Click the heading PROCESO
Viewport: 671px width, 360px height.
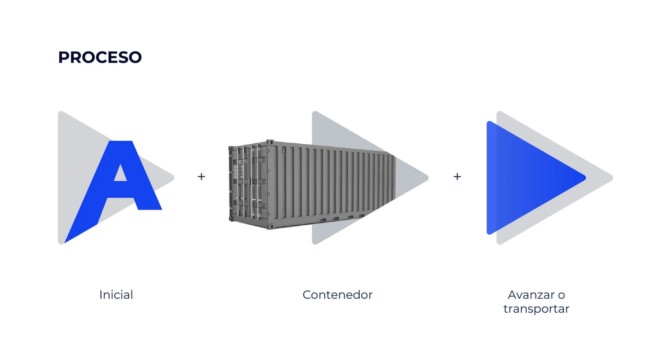[x=100, y=57]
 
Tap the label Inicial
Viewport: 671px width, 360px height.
[x=116, y=295]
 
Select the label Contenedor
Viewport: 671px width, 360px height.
[x=338, y=295]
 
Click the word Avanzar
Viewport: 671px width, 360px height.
[x=531, y=295]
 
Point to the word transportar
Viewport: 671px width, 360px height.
[x=536, y=309]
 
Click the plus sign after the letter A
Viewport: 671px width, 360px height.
[x=201, y=177]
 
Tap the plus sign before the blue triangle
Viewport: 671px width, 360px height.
[x=457, y=177]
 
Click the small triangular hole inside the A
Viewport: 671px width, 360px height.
[x=121, y=174]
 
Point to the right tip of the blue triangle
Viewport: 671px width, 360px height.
[x=585, y=178]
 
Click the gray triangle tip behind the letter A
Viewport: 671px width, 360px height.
[x=173, y=178]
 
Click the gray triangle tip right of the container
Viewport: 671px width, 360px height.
[x=427, y=178]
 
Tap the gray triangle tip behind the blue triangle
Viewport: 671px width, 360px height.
[x=612, y=178]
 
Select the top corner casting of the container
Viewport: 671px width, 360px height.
[x=269, y=142]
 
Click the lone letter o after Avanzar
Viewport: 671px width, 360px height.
[x=561, y=295]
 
